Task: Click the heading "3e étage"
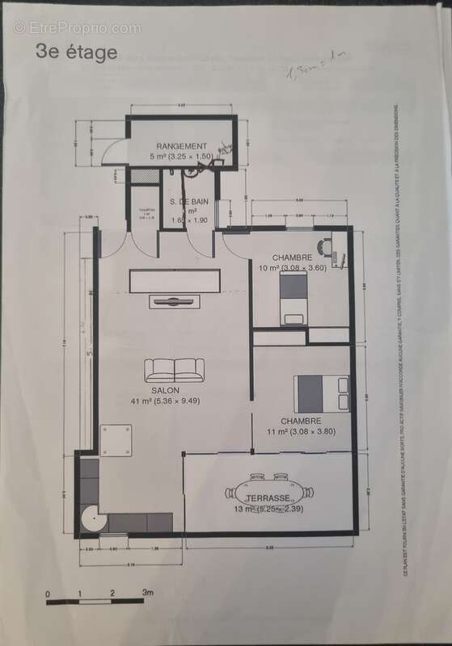point(77,52)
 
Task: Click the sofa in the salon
point(174,370)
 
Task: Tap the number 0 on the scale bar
point(48,594)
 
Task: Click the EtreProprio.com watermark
point(77,27)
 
